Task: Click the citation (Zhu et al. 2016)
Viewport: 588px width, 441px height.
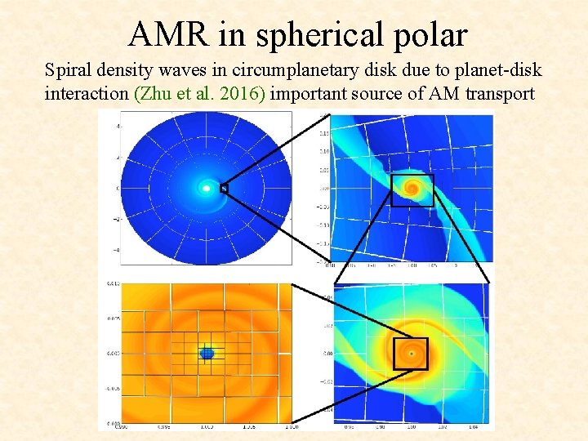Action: coord(199,93)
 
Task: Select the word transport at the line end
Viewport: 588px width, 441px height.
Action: coord(499,93)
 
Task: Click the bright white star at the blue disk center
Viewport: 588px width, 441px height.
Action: coord(207,189)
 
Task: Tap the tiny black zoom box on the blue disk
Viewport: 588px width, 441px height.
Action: coord(224,188)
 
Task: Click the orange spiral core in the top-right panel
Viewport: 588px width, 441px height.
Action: coord(412,189)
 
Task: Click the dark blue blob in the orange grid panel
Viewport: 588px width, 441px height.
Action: coord(207,353)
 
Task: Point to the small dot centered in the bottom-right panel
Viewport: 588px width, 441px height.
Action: coord(411,354)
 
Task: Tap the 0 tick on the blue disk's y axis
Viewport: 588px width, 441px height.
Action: coord(118,189)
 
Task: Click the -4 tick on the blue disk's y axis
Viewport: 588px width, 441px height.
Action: coord(117,250)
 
